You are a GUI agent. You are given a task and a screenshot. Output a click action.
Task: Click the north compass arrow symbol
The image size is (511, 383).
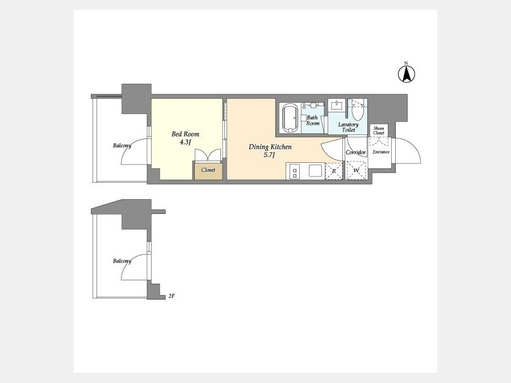(x=407, y=74)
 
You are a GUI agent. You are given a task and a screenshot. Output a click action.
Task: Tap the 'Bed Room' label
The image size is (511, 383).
(x=185, y=134)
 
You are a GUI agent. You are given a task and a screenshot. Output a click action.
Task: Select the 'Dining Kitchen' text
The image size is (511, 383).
(x=270, y=147)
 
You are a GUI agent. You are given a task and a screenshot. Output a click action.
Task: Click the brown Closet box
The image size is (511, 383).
(x=208, y=171)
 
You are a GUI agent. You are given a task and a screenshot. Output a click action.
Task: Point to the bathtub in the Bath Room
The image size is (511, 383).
(x=290, y=118)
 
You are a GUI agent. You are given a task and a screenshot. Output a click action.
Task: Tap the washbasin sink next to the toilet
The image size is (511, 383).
(x=337, y=106)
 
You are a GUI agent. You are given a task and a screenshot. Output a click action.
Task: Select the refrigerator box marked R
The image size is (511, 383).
(x=334, y=171)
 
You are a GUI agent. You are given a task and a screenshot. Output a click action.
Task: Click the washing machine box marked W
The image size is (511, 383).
(x=356, y=170)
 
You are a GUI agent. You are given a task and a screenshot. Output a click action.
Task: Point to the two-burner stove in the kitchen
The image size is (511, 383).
(x=295, y=171)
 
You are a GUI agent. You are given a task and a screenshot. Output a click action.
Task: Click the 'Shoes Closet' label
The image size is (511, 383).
(x=379, y=131)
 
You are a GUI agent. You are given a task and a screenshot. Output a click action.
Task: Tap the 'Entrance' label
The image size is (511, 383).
(x=381, y=151)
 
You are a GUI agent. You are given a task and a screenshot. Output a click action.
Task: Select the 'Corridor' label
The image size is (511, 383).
(x=355, y=153)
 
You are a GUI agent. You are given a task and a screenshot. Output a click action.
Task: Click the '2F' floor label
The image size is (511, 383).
(x=171, y=296)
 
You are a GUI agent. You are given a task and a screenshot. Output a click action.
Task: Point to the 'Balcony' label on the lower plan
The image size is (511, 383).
(x=122, y=261)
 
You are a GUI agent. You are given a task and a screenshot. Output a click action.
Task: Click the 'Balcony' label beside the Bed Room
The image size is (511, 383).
(x=122, y=146)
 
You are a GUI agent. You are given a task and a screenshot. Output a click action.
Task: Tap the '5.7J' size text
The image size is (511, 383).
(x=269, y=155)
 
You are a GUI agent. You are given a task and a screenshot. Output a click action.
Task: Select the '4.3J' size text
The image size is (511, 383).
(x=185, y=142)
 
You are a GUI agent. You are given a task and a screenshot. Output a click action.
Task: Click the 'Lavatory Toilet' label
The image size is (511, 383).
(x=349, y=127)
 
